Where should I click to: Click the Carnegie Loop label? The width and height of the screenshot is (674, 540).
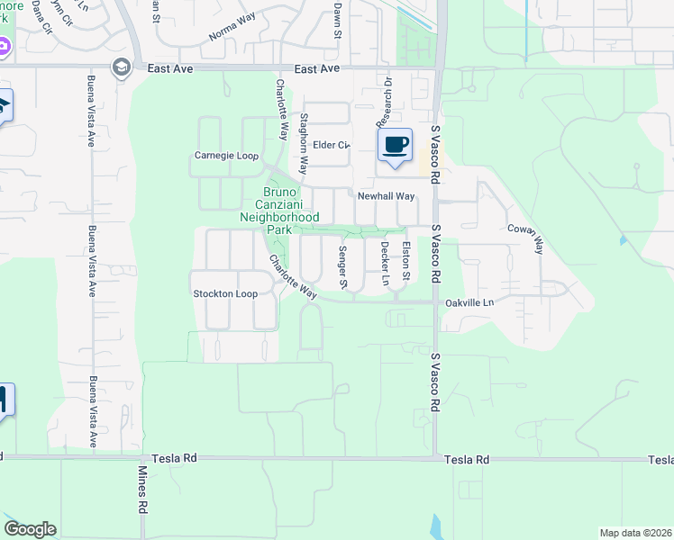pyautogui.click(x=226, y=156)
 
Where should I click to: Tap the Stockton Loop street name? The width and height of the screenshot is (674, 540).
pyautogui.click(x=225, y=294)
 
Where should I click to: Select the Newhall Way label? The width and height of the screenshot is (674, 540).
pyautogui.click(x=386, y=196)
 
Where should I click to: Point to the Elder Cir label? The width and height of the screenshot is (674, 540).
pyautogui.click(x=330, y=145)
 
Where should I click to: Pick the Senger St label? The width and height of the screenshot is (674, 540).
pyautogui.click(x=343, y=266)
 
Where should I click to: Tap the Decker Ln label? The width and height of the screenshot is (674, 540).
pyautogui.click(x=385, y=263)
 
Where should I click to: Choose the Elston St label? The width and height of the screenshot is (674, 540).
pyautogui.click(x=406, y=259)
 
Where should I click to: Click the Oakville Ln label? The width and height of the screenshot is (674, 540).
pyautogui.click(x=470, y=303)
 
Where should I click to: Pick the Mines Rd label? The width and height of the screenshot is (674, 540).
pyautogui.click(x=142, y=490)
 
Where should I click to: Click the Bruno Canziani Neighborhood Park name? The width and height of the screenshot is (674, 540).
pyautogui.click(x=279, y=211)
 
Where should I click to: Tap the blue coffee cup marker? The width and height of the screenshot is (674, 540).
pyautogui.click(x=394, y=145)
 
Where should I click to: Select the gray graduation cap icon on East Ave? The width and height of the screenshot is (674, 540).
pyautogui.click(x=121, y=67)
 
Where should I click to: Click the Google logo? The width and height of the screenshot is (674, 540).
pyautogui.click(x=30, y=529)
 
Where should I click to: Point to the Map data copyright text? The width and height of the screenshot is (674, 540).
pyautogui.click(x=634, y=533)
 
